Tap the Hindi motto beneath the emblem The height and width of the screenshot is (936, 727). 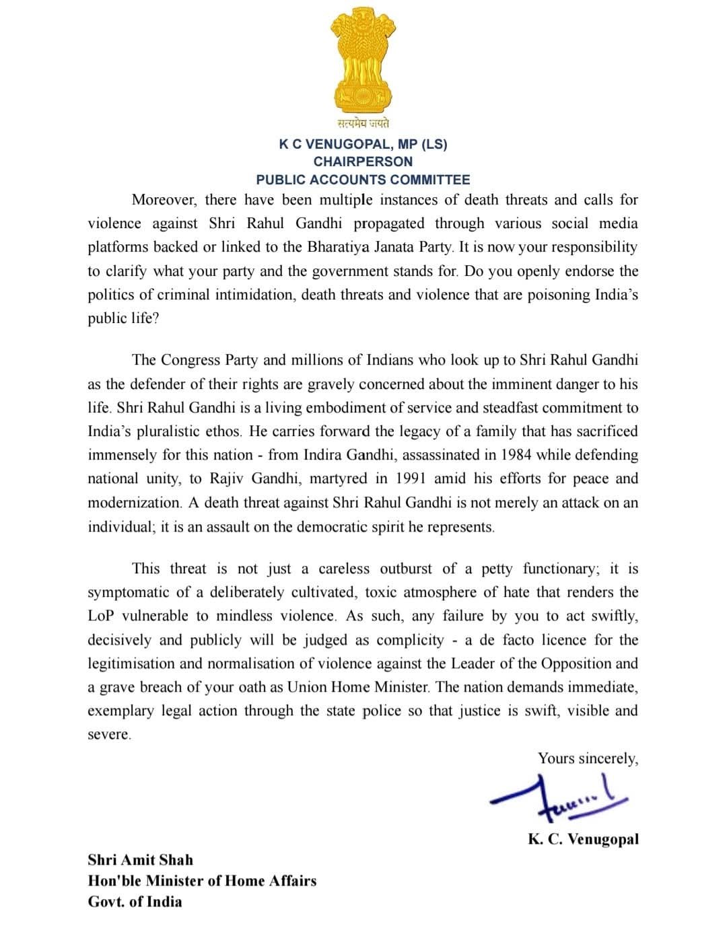363,124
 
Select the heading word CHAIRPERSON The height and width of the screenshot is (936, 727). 363,161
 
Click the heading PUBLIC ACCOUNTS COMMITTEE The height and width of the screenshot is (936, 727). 363,180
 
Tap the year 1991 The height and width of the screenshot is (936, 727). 411,478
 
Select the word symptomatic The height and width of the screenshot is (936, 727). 128,593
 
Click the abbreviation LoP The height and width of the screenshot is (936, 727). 101,616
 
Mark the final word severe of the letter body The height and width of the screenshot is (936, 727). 108,735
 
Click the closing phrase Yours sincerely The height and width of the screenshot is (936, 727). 588,758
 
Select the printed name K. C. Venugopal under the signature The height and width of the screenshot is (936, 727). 583,839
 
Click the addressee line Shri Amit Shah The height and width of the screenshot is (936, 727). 140,860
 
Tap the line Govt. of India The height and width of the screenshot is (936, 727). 135,902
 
